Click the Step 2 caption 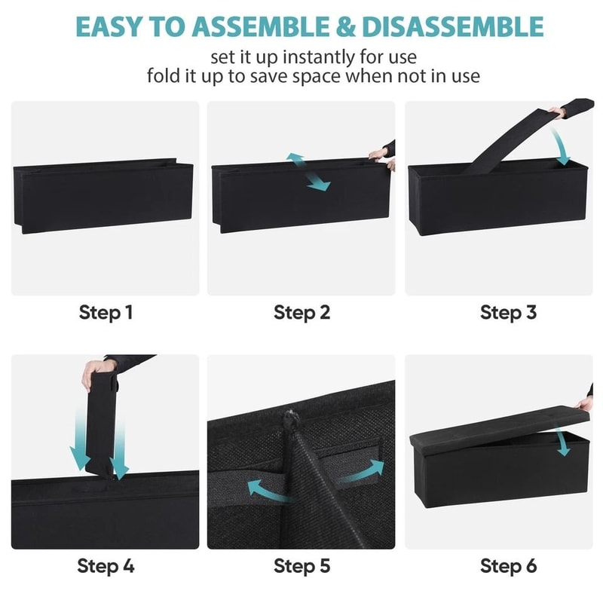click(x=301, y=312)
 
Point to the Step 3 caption click(x=508, y=312)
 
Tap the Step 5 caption click(x=301, y=565)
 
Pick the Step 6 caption click(x=508, y=565)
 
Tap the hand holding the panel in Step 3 click(x=556, y=113)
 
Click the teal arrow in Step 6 click(x=562, y=440)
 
